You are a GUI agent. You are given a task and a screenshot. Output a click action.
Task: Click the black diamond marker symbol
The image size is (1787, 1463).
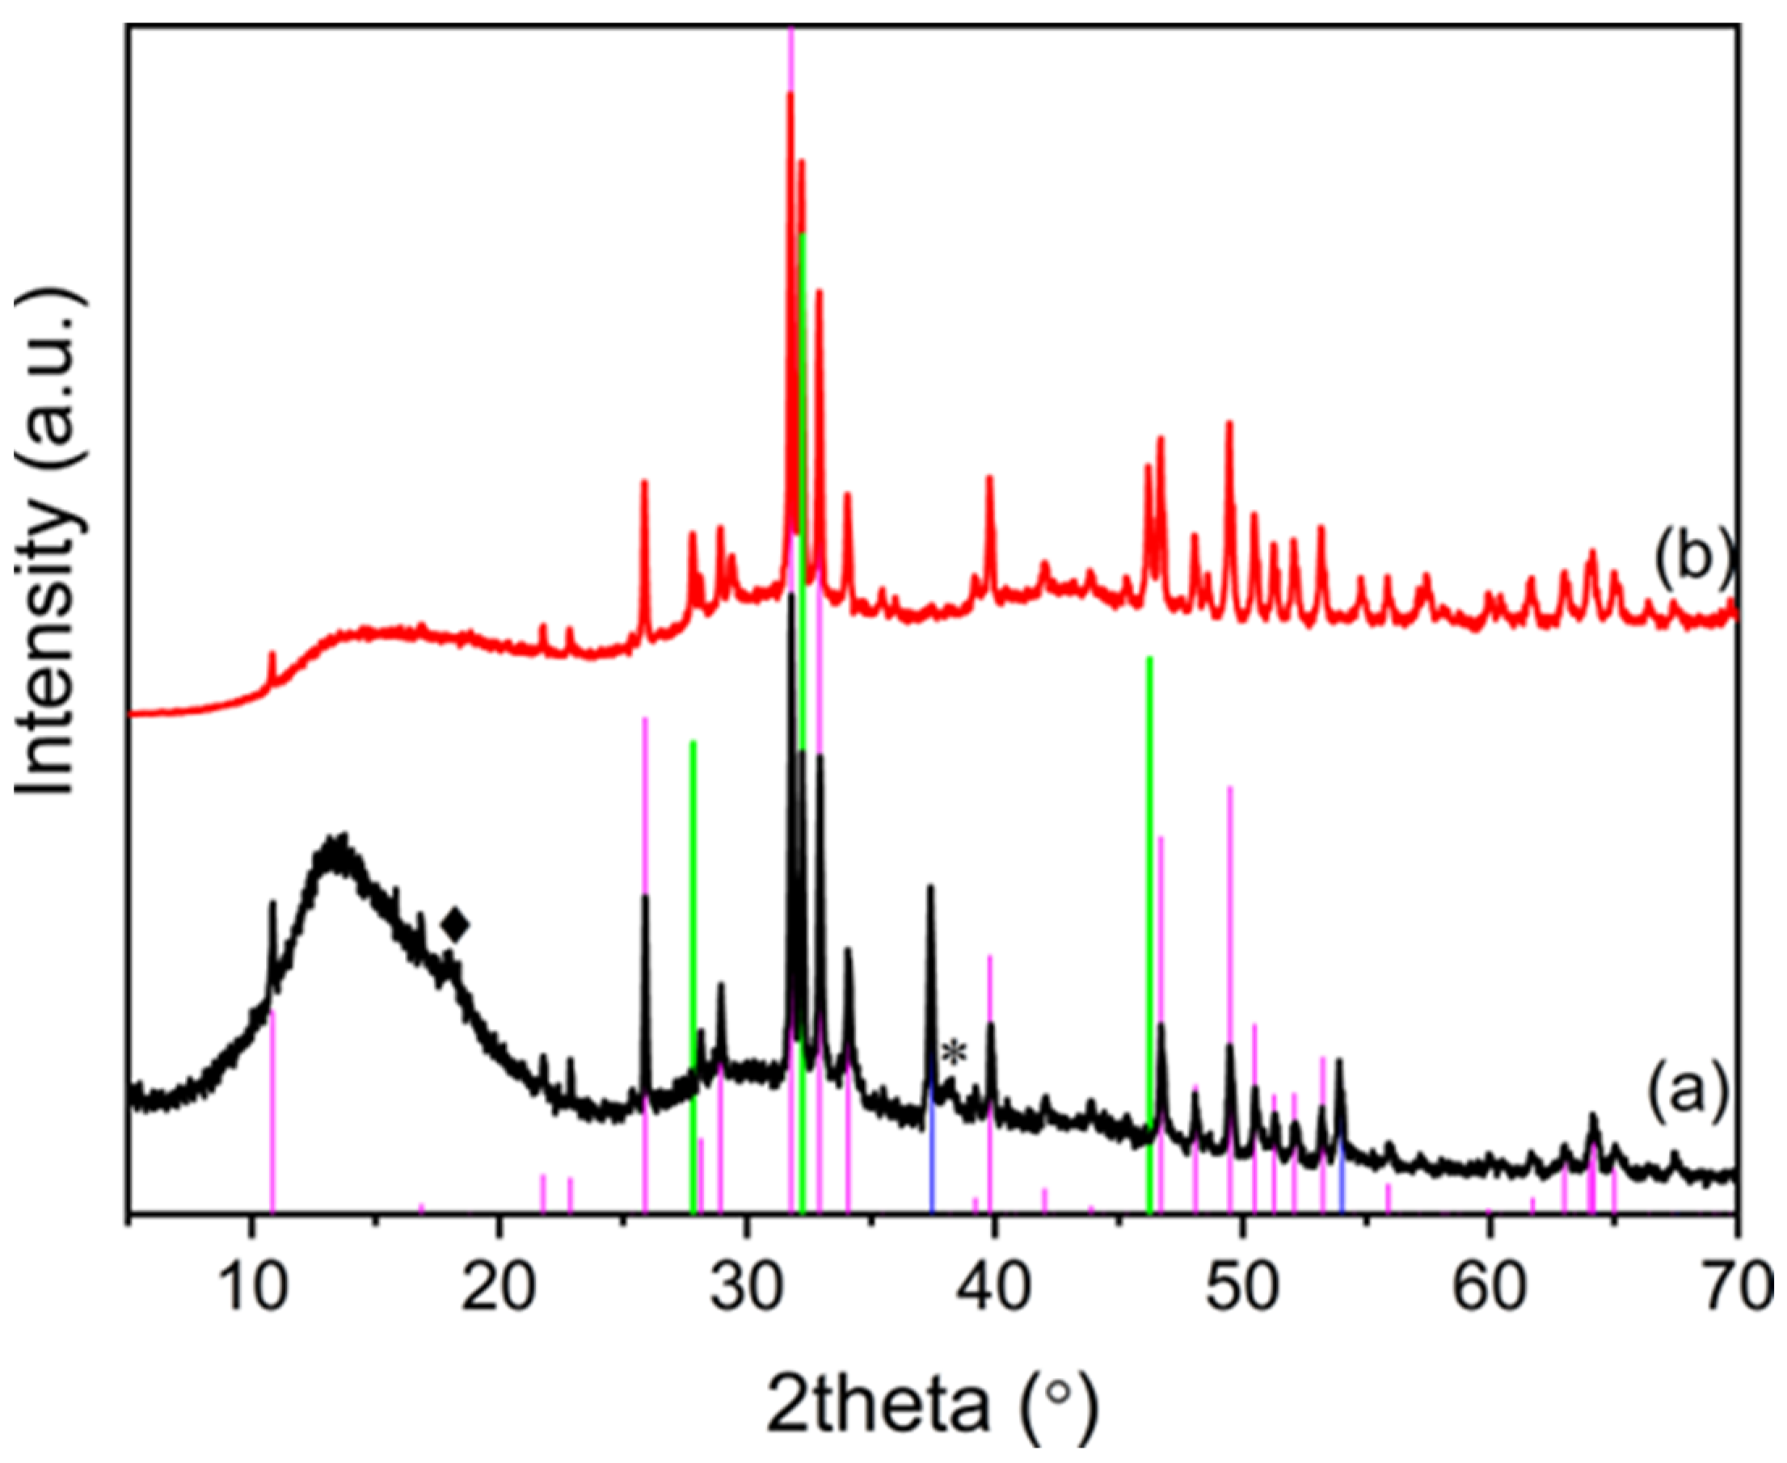pos(456,925)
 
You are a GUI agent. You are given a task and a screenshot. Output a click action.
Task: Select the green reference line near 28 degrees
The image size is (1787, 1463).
pos(693,969)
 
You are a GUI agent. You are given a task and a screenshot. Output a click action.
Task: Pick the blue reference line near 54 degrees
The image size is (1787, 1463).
pos(1341,1179)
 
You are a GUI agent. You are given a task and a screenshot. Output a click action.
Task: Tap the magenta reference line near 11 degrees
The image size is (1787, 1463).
pos(272,1112)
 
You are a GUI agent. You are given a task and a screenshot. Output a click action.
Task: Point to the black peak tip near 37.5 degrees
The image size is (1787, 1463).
pos(930,887)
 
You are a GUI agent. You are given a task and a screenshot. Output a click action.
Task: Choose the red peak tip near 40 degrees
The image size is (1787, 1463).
pos(989,477)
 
